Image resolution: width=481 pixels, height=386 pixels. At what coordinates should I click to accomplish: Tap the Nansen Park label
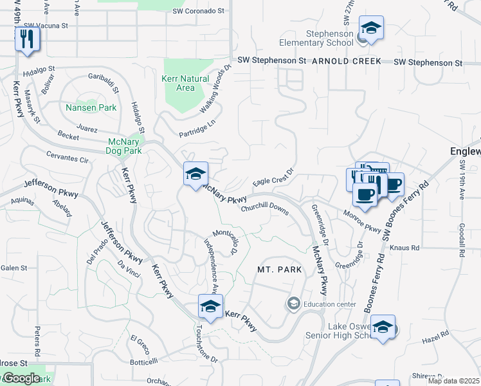point(91,107)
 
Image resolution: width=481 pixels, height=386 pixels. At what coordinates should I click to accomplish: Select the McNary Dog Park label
point(123,146)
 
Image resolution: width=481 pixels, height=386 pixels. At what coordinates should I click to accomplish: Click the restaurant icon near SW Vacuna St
point(27,39)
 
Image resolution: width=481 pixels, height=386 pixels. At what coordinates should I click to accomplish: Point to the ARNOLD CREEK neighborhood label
point(347,61)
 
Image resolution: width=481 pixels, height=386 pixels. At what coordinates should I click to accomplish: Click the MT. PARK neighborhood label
point(279,270)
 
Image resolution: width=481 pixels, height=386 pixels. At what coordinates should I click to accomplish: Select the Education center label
point(330,304)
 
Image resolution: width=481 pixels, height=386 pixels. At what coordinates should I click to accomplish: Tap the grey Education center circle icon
point(294,303)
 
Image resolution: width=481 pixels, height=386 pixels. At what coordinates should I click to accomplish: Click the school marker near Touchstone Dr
point(210,308)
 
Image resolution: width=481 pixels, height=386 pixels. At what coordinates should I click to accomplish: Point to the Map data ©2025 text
point(454,380)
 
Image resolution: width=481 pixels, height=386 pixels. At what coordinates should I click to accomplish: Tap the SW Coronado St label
point(198,12)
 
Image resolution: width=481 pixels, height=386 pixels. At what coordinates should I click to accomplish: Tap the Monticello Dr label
point(226,240)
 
